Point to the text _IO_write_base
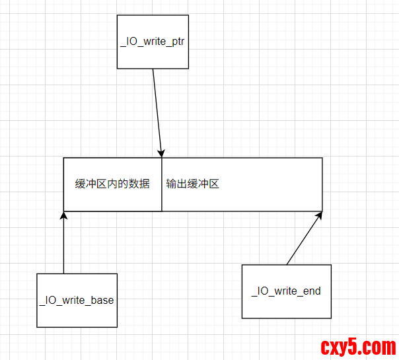[x=76, y=300]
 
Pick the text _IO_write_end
[x=285, y=291]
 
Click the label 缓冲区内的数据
[x=112, y=184]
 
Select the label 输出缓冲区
[x=192, y=184]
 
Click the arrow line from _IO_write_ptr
[x=157, y=109]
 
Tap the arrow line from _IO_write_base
[x=63, y=244]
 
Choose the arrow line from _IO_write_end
[x=304, y=238]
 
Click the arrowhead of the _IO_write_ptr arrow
[x=161, y=153]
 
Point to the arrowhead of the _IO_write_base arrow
[x=63, y=216]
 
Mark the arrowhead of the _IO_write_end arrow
[x=320, y=215]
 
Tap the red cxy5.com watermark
[x=357, y=345]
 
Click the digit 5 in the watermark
[x=362, y=345]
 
